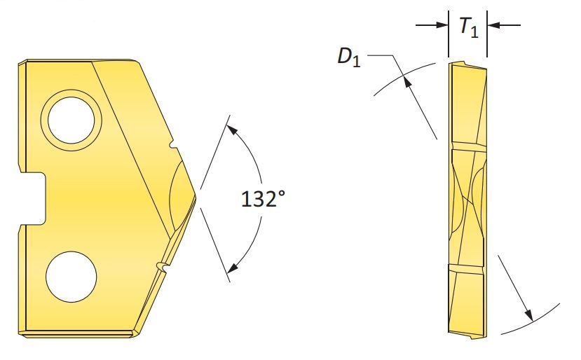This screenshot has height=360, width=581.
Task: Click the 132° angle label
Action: click(264, 199)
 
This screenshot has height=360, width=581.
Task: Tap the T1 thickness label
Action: click(469, 27)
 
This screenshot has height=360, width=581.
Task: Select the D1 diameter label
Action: click(349, 57)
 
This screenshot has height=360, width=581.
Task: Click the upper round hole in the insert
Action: click(71, 120)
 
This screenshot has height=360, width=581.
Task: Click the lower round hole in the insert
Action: click(71, 277)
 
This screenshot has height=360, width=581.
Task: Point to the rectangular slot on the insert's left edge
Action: click(32, 198)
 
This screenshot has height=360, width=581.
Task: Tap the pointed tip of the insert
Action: click(196, 197)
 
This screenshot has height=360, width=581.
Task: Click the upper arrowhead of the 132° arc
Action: click(231, 130)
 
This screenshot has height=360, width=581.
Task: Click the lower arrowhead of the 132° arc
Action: click(233, 268)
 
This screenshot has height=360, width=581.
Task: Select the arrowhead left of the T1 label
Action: click(442, 25)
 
